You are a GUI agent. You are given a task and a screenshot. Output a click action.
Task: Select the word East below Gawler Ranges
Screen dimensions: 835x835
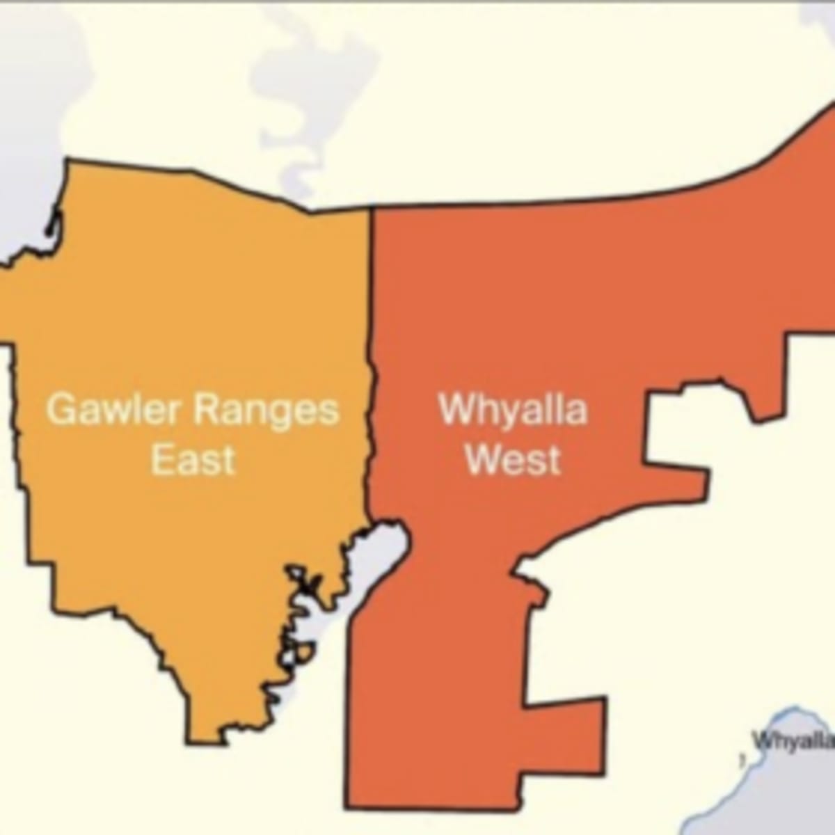(x=193, y=460)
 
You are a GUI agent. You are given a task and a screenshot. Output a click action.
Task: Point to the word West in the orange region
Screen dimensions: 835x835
(x=513, y=460)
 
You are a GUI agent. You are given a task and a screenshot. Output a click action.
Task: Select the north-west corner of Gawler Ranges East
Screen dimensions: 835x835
(x=67, y=161)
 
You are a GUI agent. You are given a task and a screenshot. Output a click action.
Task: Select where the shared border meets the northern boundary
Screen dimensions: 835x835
(x=371, y=207)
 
